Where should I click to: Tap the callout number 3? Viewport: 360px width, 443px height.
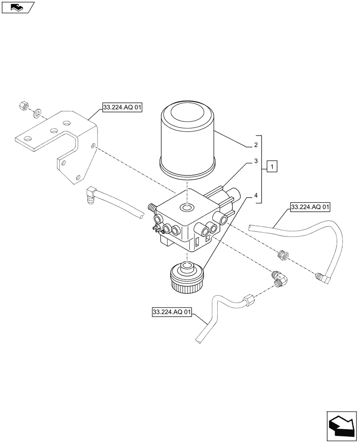[256, 162]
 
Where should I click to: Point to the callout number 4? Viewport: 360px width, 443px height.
[256, 195]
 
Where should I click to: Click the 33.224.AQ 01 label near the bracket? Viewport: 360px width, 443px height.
[121, 107]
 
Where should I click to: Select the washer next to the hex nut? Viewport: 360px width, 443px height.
[37, 110]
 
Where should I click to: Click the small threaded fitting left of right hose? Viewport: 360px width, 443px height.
[282, 256]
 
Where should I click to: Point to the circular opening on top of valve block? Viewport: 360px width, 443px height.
[187, 207]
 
